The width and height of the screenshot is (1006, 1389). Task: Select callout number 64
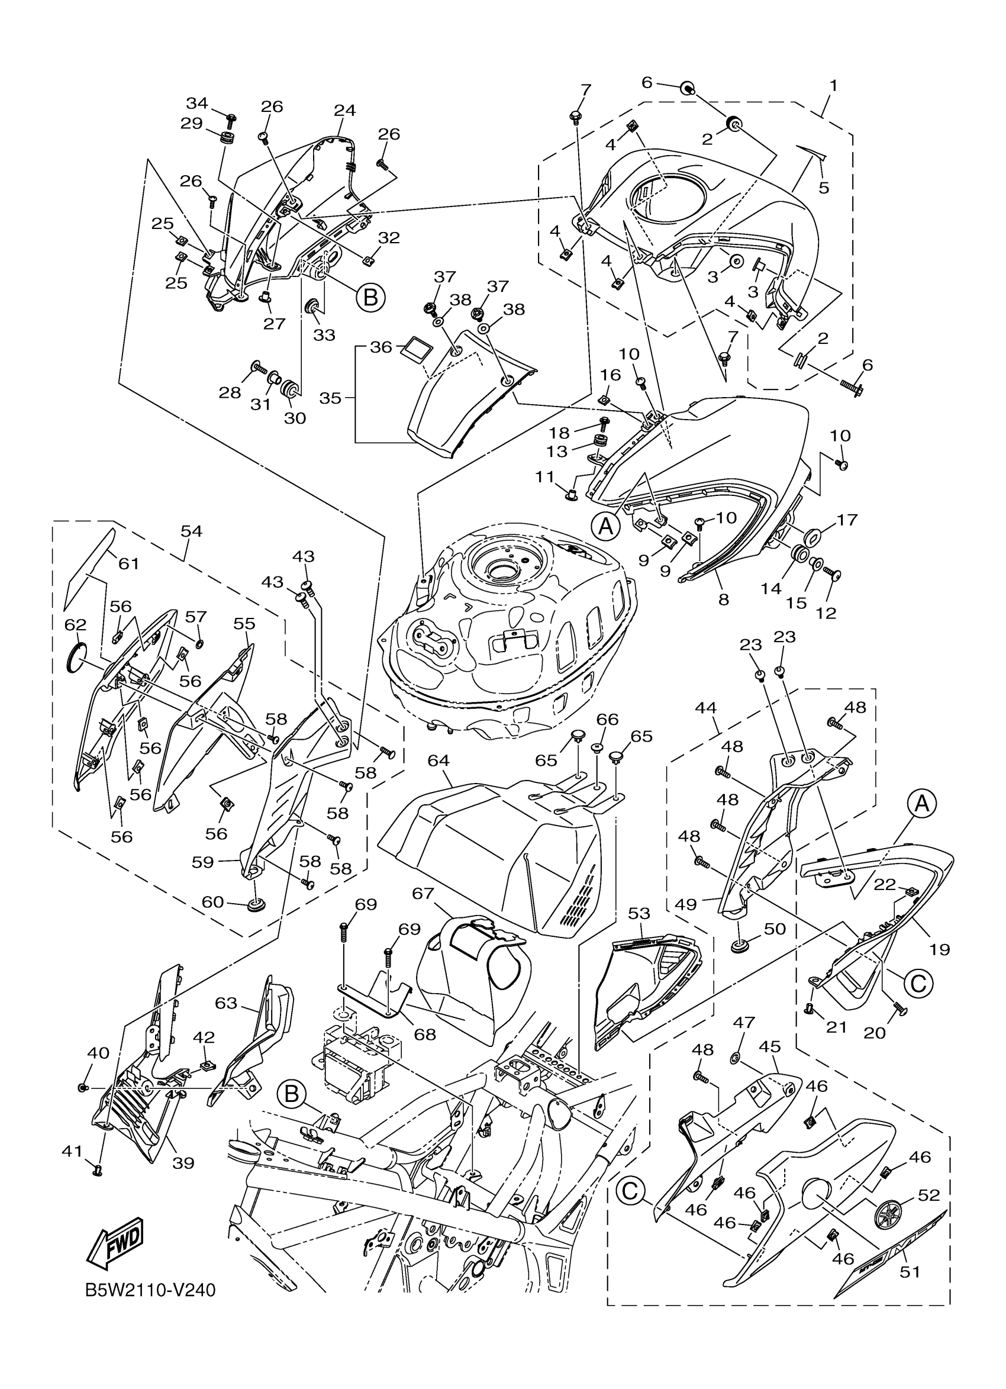pos(438,760)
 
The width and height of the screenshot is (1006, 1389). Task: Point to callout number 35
pos(330,398)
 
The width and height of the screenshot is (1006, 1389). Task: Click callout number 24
pos(345,111)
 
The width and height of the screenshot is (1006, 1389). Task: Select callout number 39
pos(183,1162)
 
